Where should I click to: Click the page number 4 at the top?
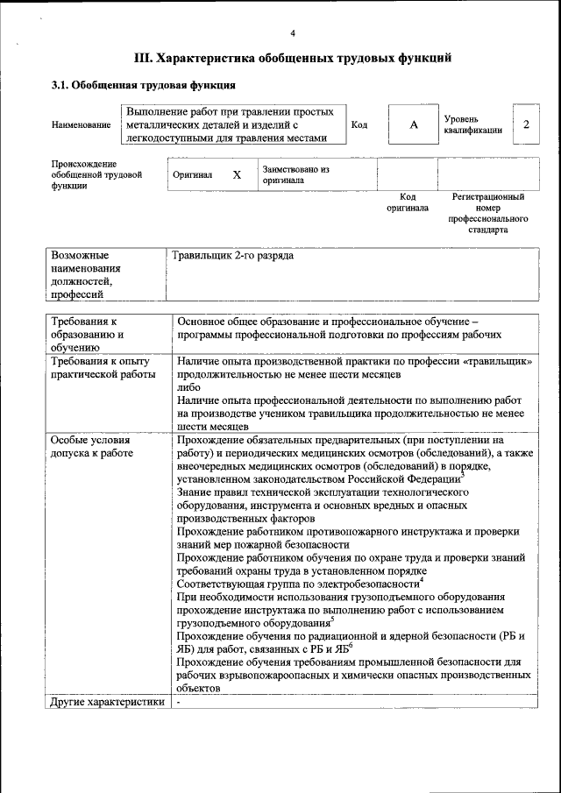tap(293, 33)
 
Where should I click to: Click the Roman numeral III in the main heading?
tap(144, 59)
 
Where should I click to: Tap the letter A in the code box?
tap(413, 125)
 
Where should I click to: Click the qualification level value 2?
tap(526, 124)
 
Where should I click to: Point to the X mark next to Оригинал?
tap(237, 174)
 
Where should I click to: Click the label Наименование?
tap(80, 125)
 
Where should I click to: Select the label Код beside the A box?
tap(359, 125)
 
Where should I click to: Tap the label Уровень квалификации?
tap(472, 124)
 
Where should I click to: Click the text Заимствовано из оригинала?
tap(294, 174)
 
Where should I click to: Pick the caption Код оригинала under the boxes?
tap(408, 202)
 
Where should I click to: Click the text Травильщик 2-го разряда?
tap(233, 256)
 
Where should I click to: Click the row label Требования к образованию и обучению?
tap(88, 334)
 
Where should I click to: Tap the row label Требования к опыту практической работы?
tap(101, 367)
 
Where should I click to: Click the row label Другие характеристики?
tap(107, 702)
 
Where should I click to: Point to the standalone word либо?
tap(188, 386)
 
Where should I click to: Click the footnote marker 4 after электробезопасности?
tap(421, 579)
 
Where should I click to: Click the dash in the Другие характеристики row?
tap(178, 702)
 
